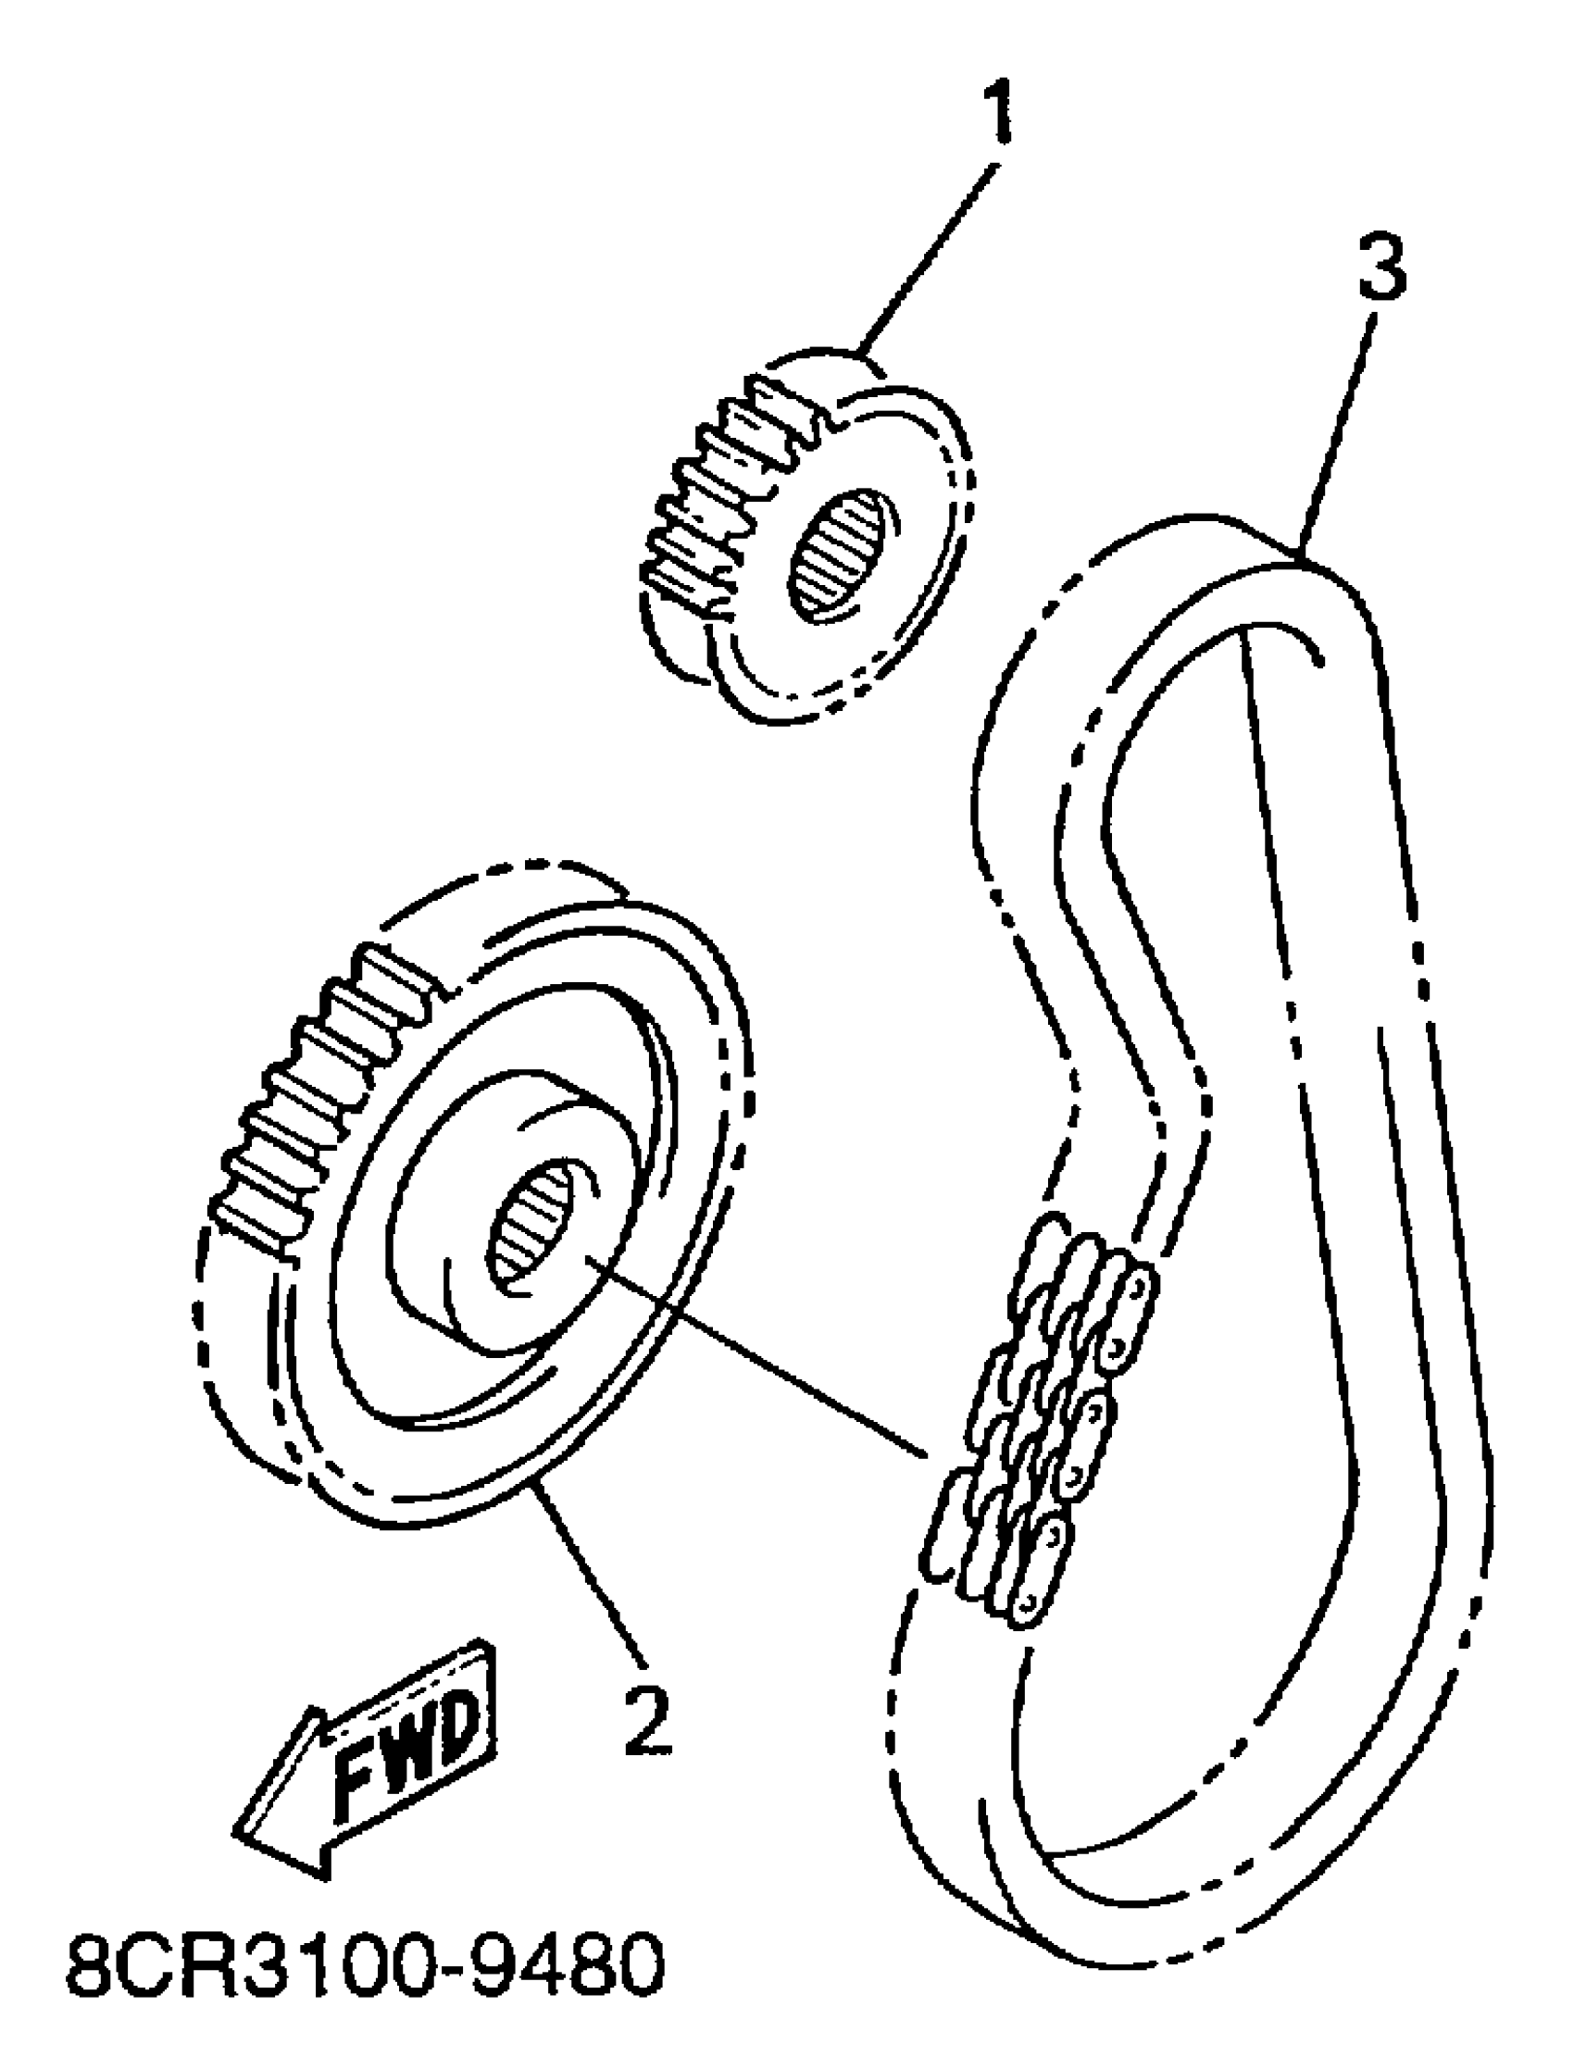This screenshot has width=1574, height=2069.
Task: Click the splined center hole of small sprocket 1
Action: pyautogui.click(x=839, y=555)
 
